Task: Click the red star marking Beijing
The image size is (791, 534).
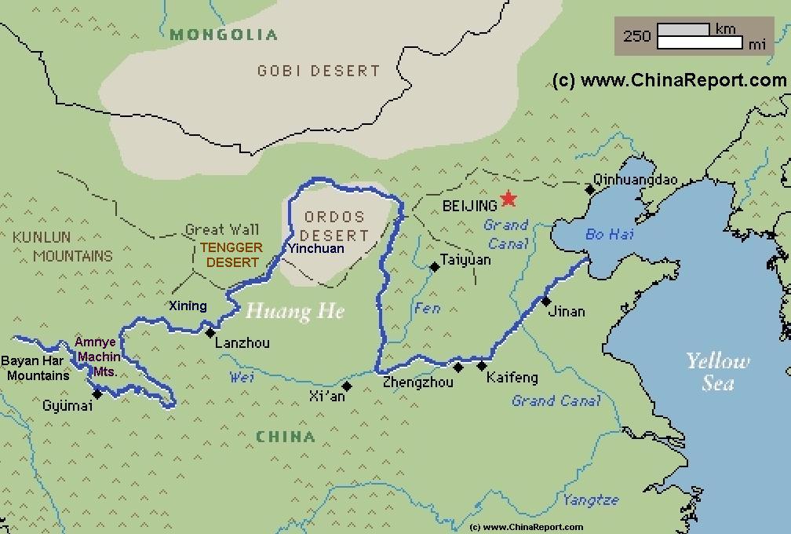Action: [x=508, y=199]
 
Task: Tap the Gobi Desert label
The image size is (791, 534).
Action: [x=319, y=71]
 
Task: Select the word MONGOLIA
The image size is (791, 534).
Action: [x=224, y=35]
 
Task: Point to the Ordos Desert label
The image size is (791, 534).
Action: [x=334, y=226]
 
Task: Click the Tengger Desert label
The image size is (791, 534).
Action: [x=233, y=255]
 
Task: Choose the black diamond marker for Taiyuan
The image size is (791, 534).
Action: [x=435, y=267]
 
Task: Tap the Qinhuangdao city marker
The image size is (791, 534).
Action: [x=589, y=189]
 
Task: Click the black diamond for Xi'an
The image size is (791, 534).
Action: [x=347, y=386]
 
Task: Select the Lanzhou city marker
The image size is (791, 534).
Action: [x=210, y=333]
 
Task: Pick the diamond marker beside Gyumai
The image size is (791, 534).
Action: [x=97, y=393]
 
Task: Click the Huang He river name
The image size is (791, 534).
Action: [x=294, y=312]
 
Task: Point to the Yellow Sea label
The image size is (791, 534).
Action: [x=717, y=371]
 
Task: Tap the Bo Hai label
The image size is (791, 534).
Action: [x=609, y=235]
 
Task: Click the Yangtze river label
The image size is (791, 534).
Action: [x=590, y=499]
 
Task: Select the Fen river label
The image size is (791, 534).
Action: [x=427, y=308]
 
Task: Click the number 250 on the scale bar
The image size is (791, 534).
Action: [x=636, y=36]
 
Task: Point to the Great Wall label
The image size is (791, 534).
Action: [x=222, y=230]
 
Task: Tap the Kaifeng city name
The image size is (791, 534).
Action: [x=512, y=378]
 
